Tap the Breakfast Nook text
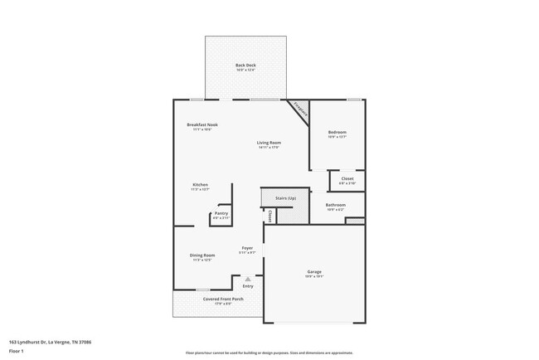pos(202,124)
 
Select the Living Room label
pos(268,143)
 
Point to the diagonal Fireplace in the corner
pos(299,109)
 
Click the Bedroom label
pos(337,132)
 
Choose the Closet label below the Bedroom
pos(347,178)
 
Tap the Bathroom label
pos(336,204)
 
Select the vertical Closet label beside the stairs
pos(270,216)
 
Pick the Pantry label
pos(221,213)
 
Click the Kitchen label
pos(200,184)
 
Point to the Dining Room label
pos(203,255)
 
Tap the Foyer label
pos(247,248)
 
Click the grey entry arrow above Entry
pos(247,280)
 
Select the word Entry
pos(247,287)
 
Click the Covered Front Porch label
pos(223,299)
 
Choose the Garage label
pos(313,272)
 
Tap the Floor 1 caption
pos(17,351)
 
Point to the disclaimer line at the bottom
pos(269,353)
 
